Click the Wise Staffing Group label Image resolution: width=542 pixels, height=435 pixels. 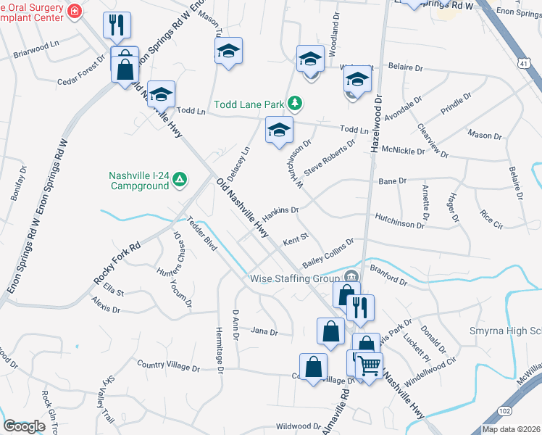click(x=295, y=278)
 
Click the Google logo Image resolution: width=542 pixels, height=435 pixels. click(x=24, y=426)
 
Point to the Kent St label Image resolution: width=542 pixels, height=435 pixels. click(x=296, y=237)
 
